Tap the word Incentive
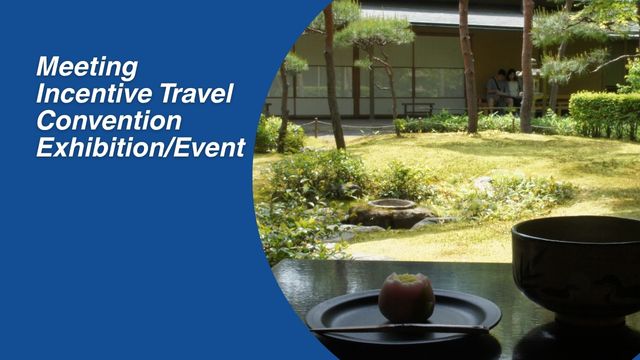point(81,94)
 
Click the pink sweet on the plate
point(406,296)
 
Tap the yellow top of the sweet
point(406,279)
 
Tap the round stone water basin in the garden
point(392,206)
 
